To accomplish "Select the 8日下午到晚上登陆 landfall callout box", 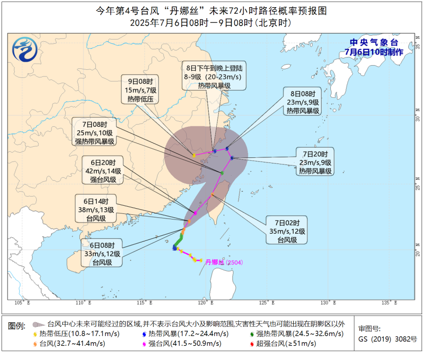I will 214,76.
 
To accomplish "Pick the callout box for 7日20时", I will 316,162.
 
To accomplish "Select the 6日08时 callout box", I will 102,253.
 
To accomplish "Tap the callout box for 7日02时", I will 287,231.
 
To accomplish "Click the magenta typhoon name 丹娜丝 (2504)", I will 224,262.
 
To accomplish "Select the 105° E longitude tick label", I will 22,303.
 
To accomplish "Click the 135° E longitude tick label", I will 389,303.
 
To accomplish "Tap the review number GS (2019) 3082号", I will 387,339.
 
